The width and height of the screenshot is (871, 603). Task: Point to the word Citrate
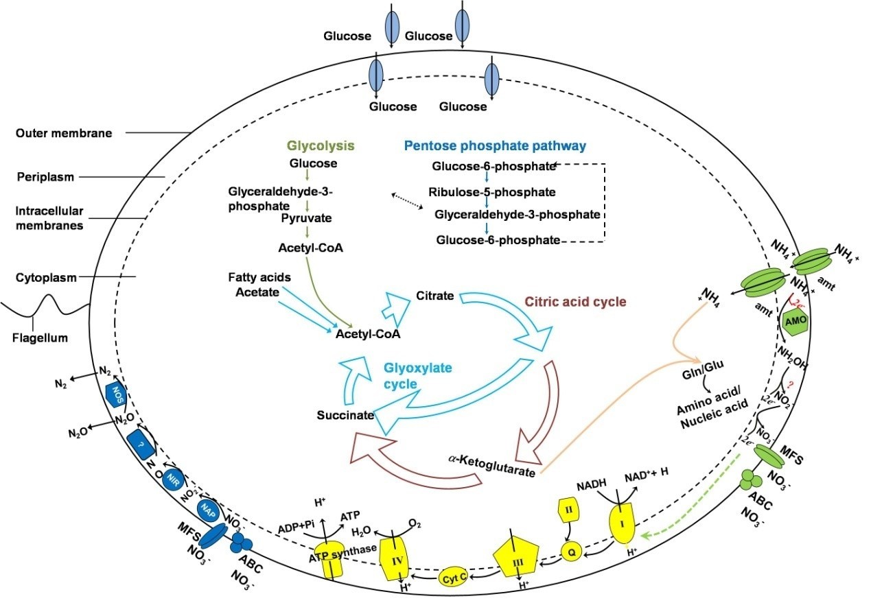click(x=434, y=296)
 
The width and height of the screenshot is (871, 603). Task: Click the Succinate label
click(x=345, y=415)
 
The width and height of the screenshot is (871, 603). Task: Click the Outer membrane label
click(x=63, y=133)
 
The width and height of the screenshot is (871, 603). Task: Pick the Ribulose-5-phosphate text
click(x=491, y=192)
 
